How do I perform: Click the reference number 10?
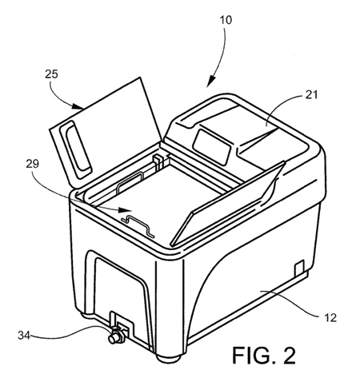pyautogui.click(x=226, y=20)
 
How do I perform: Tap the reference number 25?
pyautogui.click(x=51, y=74)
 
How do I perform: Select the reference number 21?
pyautogui.click(x=311, y=94)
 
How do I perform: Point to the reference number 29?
pyautogui.click(x=32, y=164)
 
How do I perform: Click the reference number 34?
pyautogui.click(x=24, y=335)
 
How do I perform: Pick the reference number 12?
pyautogui.click(x=330, y=317)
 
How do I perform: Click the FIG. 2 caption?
pyautogui.click(x=264, y=356)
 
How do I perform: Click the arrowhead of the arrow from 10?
pyautogui.click(x=211, y=82)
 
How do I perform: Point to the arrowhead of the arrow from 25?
pyautogui.click(x=78, y=106)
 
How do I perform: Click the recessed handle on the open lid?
pyautogui.click(x=76, y=149)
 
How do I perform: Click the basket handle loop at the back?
pyautogui.click(x=130, y=181)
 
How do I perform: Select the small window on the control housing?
pyautogui.click(x=212, y=143)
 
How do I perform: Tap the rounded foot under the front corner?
pyautogui.click(x=169, y=357)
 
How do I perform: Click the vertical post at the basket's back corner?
pyautogui.click(x=157, y=163)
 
